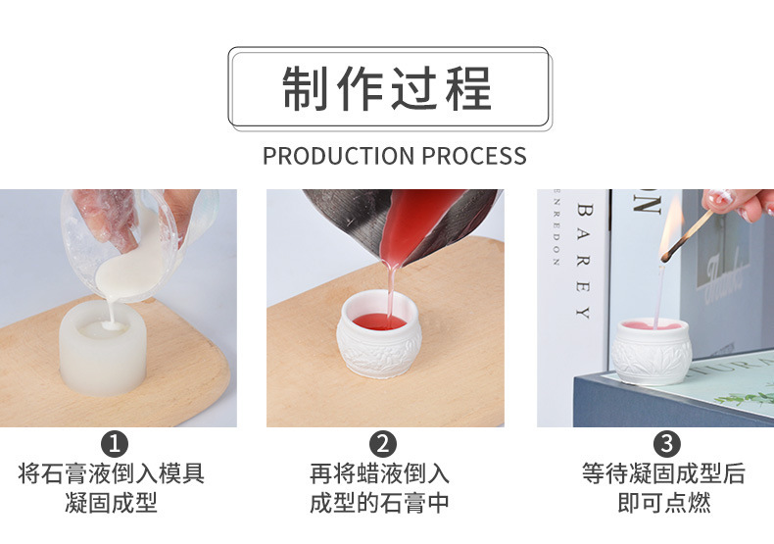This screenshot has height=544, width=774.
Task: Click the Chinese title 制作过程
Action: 387,88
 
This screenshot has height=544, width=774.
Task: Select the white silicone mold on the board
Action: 104,348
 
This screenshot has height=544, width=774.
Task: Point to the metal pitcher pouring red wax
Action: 411,221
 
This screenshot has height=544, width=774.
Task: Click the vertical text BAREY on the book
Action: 585,261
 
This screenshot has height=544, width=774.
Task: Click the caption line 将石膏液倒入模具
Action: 112,474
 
